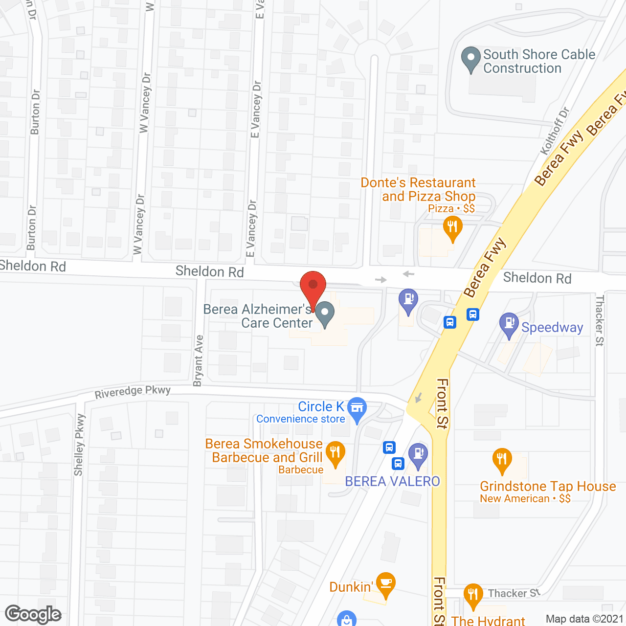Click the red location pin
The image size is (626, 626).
pyautogui.click(x=313, y=286)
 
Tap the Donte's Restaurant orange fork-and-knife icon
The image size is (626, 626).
pyautogui.click(x=452, y=228)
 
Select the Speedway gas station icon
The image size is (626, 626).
pyautogui.click(x=509, y=324)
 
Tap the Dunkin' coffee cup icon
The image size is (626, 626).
pyautogui.click(x=386, y=583)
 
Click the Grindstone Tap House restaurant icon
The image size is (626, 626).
pyautogui.click(x=502, y=460)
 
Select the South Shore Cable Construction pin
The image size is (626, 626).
pyautogui.click(x=471, y=58)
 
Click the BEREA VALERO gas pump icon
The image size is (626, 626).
pyautogui.click(x=418, y=454)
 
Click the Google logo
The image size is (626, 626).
pyautogui.click(x=33, y=614)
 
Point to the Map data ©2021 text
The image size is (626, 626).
pyautogui.click(x=584, y=619)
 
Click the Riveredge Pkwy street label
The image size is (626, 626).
pyautogui.click(x=133, y=392)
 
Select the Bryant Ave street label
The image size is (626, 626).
pyautogui.click(x=198, y=361)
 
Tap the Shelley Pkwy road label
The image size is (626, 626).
pyautogui.click(x=79, y=445)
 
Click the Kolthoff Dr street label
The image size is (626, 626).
pyautogui.click(x=555, y=131)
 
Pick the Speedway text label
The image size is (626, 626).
pyautogui.click(x=552, y=327)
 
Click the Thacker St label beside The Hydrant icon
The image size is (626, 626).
pyautogui.click(x=514, y=593)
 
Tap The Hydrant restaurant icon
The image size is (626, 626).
pyautogui.click(x=472, y=596)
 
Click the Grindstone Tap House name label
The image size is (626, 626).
pyautogui.click(x=548, y=486)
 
